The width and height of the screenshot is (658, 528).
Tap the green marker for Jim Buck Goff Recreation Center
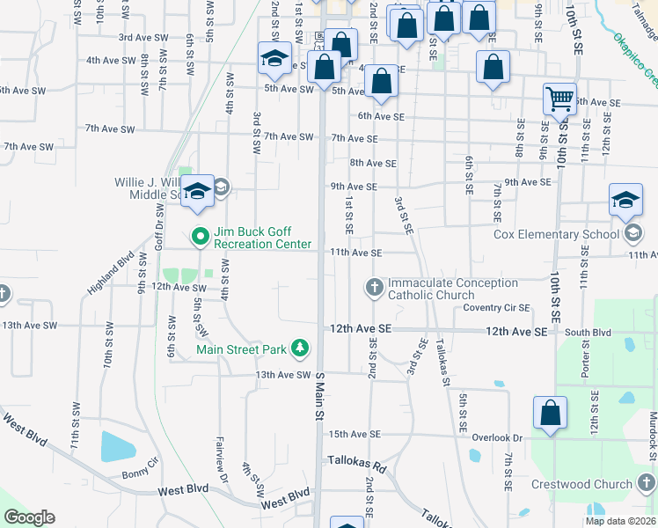pyautogui.click(x=199, y=235)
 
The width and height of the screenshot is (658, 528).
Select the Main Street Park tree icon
pyautogui.click(x=300, y=348)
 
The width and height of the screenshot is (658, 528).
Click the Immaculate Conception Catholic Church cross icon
pyautogui.click(x=374, y=288)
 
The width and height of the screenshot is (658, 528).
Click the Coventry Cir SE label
pyautogui.click(x=497, y=307)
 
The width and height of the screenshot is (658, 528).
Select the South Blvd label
pyautogui.click(x=588, y=333)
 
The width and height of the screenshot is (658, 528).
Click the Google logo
pyautogui.click(x=29, y=517)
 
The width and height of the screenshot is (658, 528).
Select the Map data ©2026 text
pyautogui.click(x=620, y=521)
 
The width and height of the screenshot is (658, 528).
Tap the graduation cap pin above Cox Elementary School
pyautogui.click(x=625, y=200)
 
